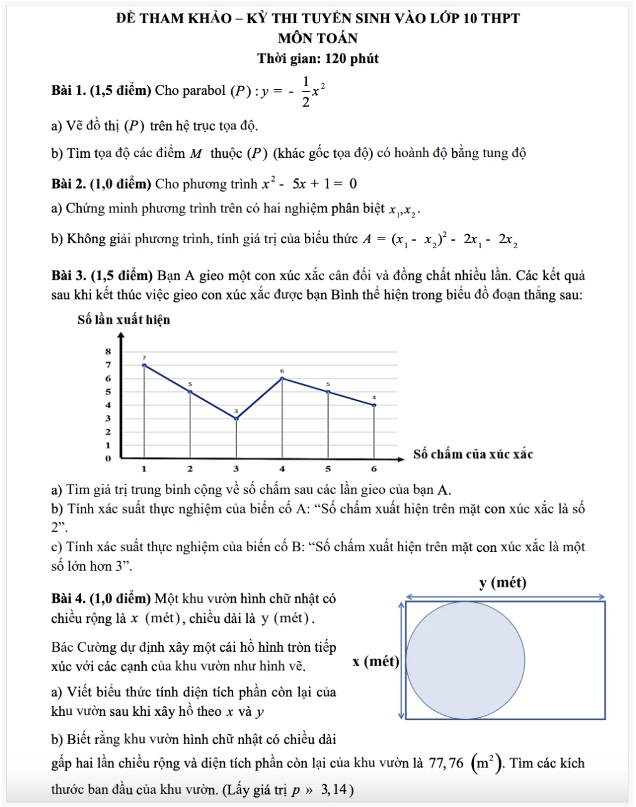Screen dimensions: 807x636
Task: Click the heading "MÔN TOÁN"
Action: (x=318, y=38)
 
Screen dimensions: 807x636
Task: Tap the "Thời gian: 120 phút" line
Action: (x=318, y=59)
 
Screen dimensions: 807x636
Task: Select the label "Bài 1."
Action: (x=69, y=91)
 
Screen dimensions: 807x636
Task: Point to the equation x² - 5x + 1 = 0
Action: (x=310, y=184)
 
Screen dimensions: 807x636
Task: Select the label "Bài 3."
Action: (x=69, y=275)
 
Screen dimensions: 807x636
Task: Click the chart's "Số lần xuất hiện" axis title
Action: (x=124, y=320)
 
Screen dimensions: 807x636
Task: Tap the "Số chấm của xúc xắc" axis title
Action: (x=473, y=454)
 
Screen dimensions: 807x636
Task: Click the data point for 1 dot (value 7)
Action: (x=145, y=365)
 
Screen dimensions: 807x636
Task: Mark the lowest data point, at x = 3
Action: (x=236, y=419)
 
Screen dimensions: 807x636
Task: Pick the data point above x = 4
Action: (x=282, y=378)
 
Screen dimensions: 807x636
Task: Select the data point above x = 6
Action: (x=375, y=405)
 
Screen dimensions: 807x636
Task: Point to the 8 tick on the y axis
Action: (x=108, y=351)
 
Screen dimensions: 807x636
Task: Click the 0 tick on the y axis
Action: (x=108, y=458)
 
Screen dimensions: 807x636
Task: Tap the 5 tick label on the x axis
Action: (x=328, y=469)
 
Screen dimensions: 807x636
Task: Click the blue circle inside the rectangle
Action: (x=466, y=660)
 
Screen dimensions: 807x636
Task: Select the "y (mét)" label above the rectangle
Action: (x=503, y=583)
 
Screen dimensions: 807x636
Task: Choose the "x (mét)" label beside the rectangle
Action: (x=376, y=661)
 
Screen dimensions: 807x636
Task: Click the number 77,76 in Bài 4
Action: (x=446, y=764)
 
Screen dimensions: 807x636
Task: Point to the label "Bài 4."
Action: (x=69, y=598)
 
